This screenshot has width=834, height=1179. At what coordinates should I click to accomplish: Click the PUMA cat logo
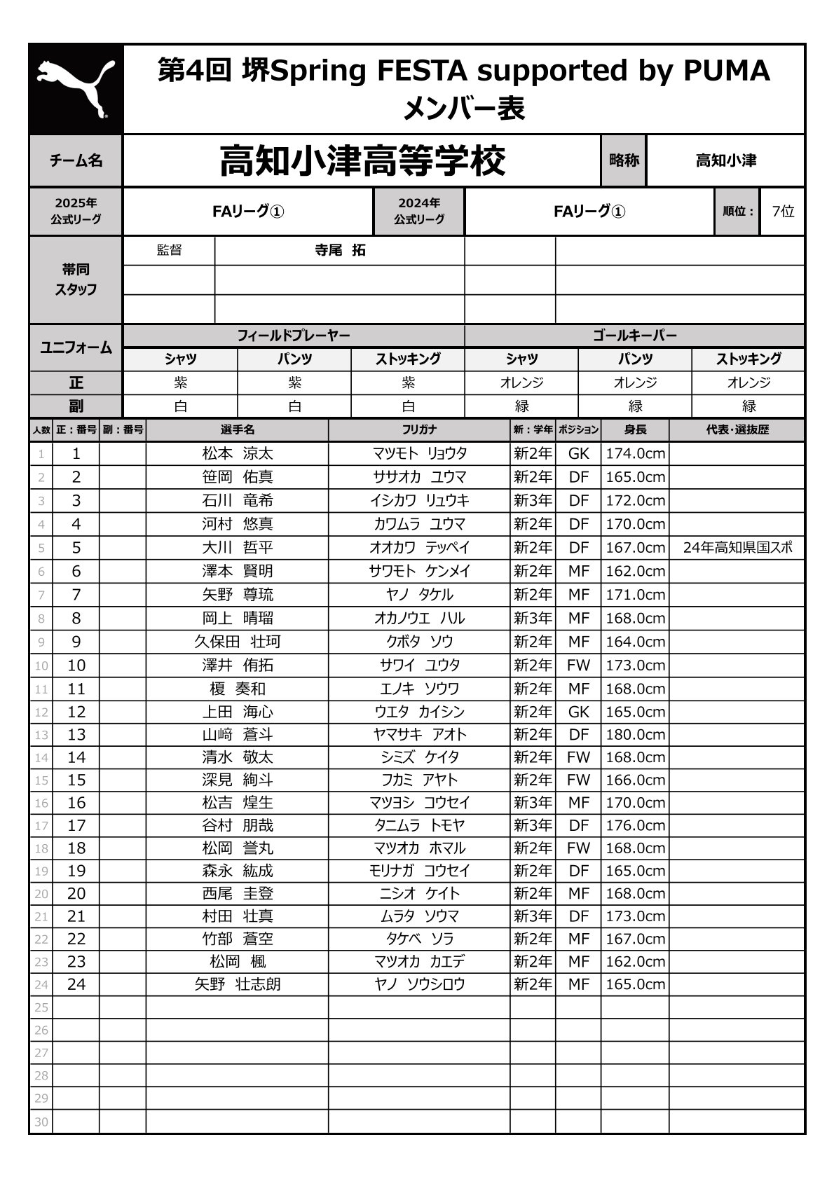tap(76, 89)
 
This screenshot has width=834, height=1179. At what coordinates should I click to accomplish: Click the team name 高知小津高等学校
tap(362, 161)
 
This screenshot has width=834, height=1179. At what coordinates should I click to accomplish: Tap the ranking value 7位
tap(782, 211)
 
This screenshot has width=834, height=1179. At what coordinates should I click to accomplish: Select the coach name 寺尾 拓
tap(340, 250)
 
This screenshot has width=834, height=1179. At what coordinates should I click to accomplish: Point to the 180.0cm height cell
tap(635, 734)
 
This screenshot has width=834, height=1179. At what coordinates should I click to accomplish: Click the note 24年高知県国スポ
tap(737, 548)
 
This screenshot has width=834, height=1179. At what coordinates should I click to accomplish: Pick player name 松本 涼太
tap(238, 453)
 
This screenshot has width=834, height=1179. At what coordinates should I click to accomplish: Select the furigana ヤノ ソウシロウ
tap(419, 984)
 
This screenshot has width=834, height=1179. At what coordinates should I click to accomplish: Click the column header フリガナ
tap(419, 429)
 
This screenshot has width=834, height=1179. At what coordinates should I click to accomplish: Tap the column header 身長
tap(635, 429)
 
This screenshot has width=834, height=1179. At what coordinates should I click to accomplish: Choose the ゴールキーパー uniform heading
tap(634, 336)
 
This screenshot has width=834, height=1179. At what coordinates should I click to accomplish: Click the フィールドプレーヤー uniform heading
tap(293, 336)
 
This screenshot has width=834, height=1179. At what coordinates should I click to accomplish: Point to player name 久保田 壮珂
tap(238, 642)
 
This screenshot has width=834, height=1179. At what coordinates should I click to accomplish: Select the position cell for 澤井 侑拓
tap(578, 665)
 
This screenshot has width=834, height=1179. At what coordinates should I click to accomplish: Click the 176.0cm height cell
tap(635, 825)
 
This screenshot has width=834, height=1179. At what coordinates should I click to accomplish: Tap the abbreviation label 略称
tap(624, 160)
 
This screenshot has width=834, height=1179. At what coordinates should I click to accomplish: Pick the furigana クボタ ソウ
tap(419, 642)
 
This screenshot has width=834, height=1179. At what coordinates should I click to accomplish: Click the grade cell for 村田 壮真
tap(533, 916)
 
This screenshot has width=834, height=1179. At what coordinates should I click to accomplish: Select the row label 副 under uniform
tap(76, 406)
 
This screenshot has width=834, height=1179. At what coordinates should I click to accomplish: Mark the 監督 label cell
tap(169, 250)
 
